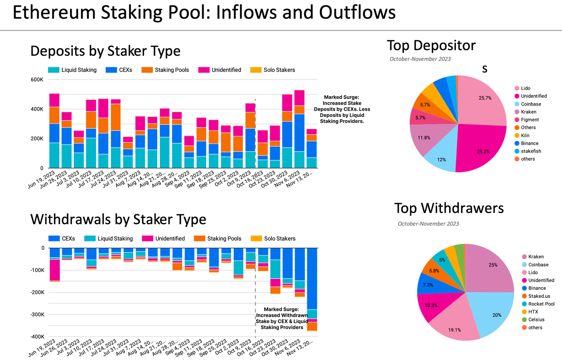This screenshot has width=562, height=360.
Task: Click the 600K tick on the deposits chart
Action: pyautogui.click(x=37, y=80)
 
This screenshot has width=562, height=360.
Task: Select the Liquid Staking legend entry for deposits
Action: pyautogui.click(x=72, y=70)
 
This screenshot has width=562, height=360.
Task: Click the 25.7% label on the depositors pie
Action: pyautogui.click(x=485, y=98)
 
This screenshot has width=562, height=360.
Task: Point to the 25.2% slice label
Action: pyautogui.click(x=483, y=152)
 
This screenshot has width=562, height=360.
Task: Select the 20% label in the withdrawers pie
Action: pyautogui.click(x=496, y=315)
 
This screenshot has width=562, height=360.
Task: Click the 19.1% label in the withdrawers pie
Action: pyautogui.click(x=454, y=330)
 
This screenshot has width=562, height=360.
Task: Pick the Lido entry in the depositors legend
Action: pyautogui.click(x=525, y=88)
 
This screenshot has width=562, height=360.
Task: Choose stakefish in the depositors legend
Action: pyautogui.click(x=531, y=151)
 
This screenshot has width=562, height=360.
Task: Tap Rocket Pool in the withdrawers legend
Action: pyautogui.click(x=541, y=304)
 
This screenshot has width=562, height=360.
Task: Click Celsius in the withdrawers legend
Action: pyautogui.click(x=536, y=320)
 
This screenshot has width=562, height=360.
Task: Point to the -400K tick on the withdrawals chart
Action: pyautogui.click(x=37, y=337)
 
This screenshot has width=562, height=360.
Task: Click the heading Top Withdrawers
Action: pyautogui.click(x=449, y=208)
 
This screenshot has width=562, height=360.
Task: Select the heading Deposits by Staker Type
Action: pyautogui.click(x=105, y=51)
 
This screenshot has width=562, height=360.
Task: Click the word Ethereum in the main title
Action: pyautogui.click(x=54, y=12)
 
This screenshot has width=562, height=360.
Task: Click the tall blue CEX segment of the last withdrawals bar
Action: pyautogui.click(x=312, y=279)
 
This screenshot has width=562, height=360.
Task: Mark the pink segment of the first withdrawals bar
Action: pyautogui.click(x=55, y=270)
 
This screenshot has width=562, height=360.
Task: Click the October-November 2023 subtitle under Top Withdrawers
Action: pyautogui.click(x=428, y=224)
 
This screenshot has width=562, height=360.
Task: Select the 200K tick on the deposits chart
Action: pyautogui.click(x=37, y=139)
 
